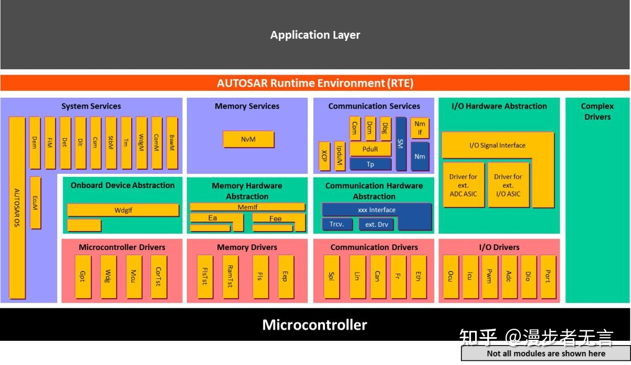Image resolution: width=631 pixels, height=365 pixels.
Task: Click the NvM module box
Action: point(248,139)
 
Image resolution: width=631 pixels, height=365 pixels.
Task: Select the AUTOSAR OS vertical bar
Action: point(17,207)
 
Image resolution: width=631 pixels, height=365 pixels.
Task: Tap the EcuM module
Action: point(36,202)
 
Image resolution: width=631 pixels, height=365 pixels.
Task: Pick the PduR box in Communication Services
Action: point(370,150)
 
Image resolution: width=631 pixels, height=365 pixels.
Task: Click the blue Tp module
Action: point(370,164)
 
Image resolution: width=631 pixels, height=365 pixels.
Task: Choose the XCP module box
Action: point(324,156)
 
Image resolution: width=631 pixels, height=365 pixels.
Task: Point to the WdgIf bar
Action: point(123,210)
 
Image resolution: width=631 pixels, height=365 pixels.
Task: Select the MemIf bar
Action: point(247,207)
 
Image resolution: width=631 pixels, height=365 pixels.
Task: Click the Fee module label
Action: point(275,218)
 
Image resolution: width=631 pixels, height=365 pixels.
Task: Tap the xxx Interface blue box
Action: point(376,210)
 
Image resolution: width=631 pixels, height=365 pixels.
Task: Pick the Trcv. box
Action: point(336,224)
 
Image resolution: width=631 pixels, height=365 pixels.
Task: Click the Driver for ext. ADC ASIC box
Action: point(463,185)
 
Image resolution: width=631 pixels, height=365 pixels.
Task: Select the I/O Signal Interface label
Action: point(497,145)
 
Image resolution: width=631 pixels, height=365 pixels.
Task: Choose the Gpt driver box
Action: point(82,276)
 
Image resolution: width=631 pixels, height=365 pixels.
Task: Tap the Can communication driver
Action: point(377,276)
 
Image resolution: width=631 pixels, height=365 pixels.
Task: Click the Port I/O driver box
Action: point(548,276)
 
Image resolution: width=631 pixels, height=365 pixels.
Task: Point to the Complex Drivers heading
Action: point(597,111)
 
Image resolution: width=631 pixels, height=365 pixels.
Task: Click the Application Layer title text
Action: point(315,35)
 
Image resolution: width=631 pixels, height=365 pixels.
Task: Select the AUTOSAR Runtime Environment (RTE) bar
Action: point(315,83)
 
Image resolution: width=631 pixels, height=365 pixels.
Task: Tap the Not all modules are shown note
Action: point(546,353)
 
